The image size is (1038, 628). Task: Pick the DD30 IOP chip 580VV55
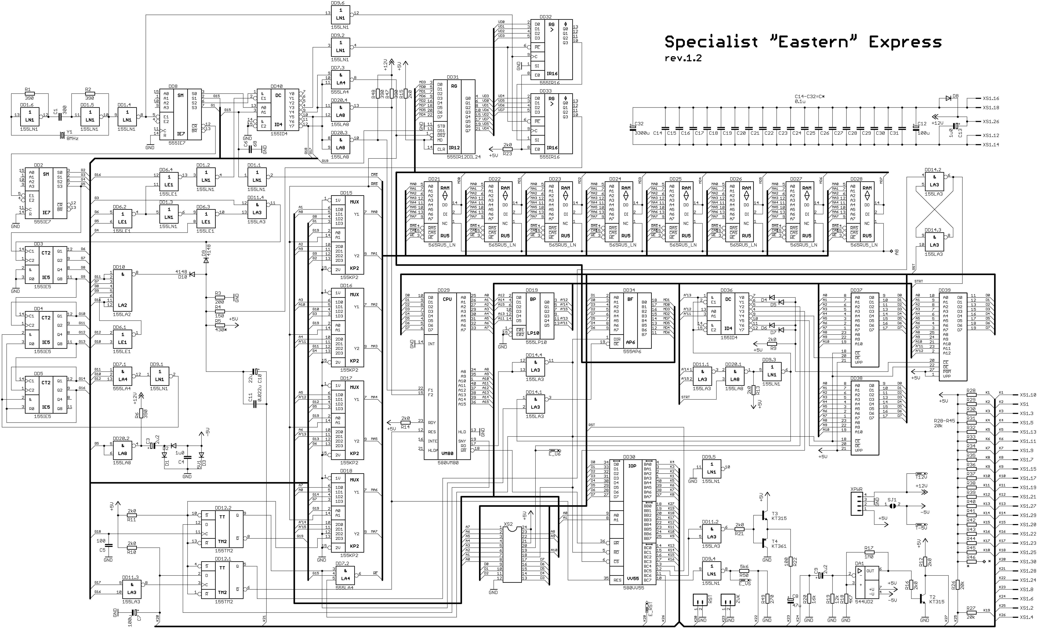[632, 522]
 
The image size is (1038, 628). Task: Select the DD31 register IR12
[454, 117]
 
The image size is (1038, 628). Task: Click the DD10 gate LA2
[122, 290]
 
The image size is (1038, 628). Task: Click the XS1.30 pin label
[1028, 561]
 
